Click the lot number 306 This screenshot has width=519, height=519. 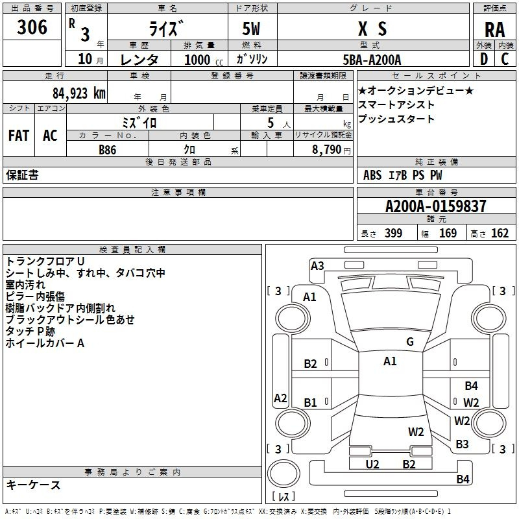pos(32,27)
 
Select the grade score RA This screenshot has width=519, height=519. pos(494,30)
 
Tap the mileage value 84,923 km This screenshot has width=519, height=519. pos(79,93)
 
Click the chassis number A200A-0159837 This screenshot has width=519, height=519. pos(436,206)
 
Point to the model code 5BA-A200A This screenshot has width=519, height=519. pos(372,60)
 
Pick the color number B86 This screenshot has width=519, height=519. pos(108,150)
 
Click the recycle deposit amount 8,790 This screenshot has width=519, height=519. pos(327,150)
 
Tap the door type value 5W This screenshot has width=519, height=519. pos(251,29)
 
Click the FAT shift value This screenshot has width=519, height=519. pos(19,136)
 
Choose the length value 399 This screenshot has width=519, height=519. pos(394,233)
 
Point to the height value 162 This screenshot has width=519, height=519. pos(500,233)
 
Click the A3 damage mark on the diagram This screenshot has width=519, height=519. pos(317,266)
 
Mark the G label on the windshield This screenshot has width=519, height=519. pos(410,342)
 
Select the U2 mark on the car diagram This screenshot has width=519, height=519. pos(372,465)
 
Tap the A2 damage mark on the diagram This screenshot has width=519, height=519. pos(280,398)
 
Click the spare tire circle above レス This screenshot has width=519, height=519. pos(284,474)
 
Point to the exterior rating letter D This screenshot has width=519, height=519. pos(484,59)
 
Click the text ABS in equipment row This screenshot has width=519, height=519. pos(372,175)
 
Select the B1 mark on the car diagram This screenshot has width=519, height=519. pos(311,402)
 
